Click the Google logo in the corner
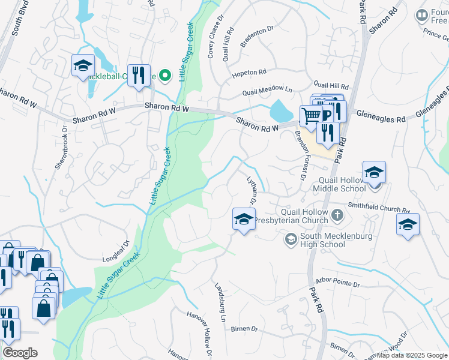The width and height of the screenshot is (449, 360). coord(20,353)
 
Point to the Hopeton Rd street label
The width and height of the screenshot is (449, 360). coord(249,73)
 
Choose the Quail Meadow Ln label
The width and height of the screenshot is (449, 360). coord(267,91)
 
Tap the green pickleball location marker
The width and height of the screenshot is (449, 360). coord(166,76)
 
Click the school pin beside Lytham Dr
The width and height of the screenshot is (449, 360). coord(244,218)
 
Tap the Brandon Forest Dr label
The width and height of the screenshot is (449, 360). coord(300,154)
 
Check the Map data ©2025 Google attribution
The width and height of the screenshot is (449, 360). coord(412,355)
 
